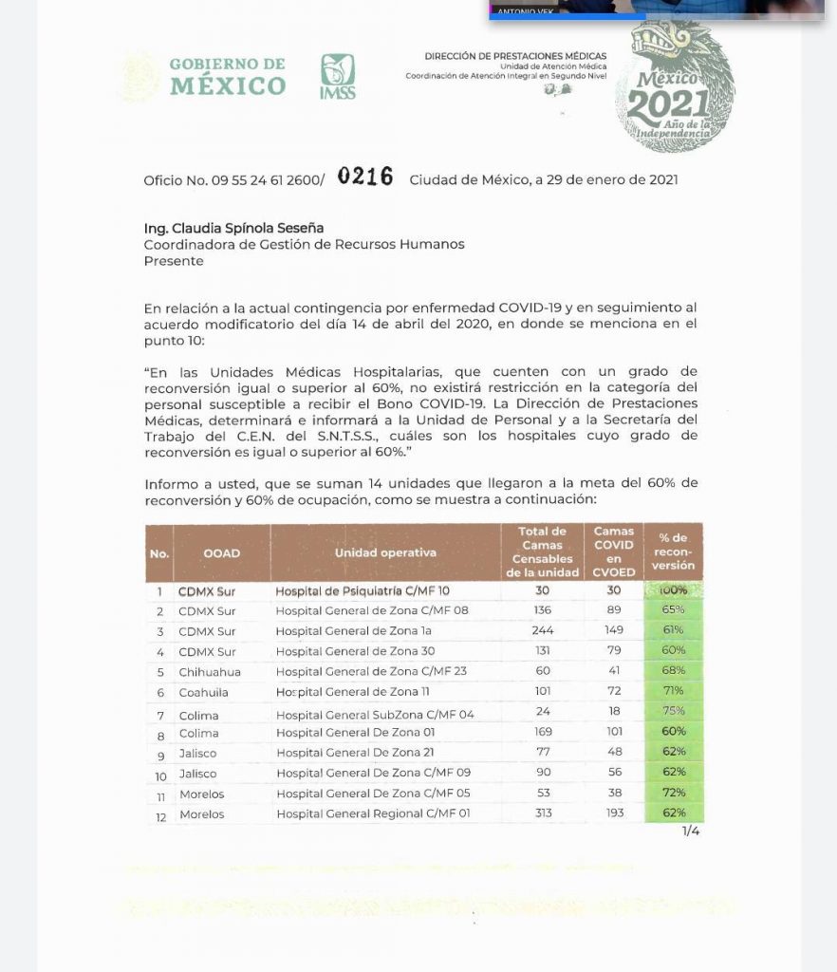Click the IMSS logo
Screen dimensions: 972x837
pyautogui.click(x=338, y=76)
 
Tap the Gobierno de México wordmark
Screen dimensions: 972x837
pyautogui.click(x=227, y=76)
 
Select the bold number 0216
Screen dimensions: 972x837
pyautogui.click(x=365, y=177)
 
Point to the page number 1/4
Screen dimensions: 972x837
pyautogui.click(x=691, y=832)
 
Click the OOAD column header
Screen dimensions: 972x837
pyautogui.click(x=221, y=552)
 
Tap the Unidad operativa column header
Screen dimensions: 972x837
pyautogui.click(x=385, y=552)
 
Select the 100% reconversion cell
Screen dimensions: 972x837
pyautogui.click(x=673, y=590)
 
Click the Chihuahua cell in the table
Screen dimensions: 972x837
pyautogui.click(x=210, y=672)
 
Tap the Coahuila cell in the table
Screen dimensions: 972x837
pyautogui.click(x=204, y=692)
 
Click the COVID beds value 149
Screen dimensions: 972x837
pyautogui.click(x=614, y=631)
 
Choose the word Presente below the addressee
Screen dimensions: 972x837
pyautogui.click(x=173, y=260)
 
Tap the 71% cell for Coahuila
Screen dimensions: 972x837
pyautogui.click(x=673, y=691)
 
